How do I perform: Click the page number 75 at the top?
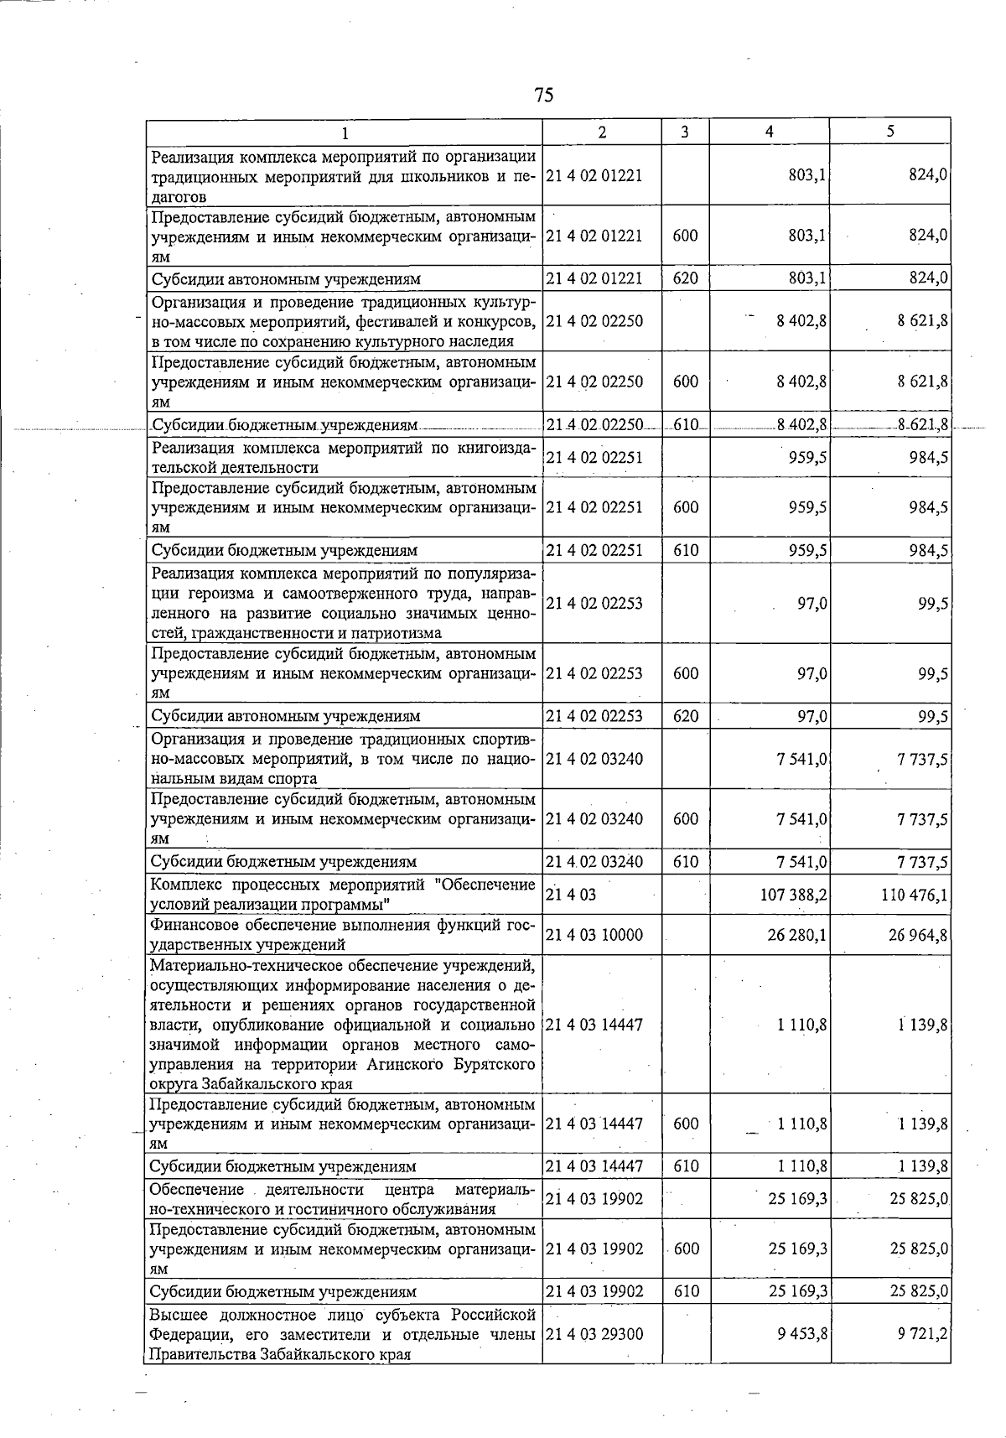543,95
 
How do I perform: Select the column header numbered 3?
685,132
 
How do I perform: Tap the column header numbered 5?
890,132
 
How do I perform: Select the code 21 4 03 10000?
594,935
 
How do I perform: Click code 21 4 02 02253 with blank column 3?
594,604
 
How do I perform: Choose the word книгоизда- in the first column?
495,448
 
